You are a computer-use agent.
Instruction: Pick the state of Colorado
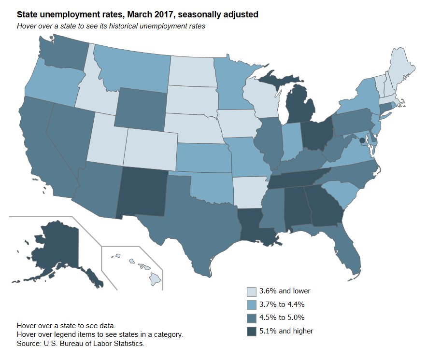149,145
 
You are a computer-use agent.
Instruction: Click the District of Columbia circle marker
362,140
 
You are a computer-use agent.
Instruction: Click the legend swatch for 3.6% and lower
252,291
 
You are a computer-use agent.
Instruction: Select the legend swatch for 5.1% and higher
252,332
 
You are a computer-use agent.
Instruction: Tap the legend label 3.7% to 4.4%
282,305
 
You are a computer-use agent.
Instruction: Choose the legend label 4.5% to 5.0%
282,318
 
